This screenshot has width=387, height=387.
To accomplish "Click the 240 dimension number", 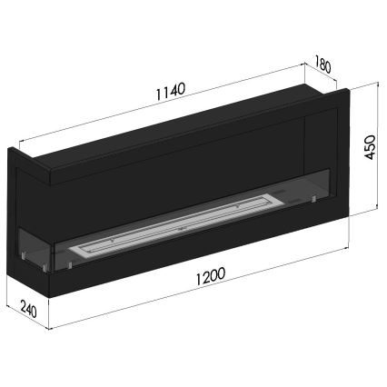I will click(x=26, y=311).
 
